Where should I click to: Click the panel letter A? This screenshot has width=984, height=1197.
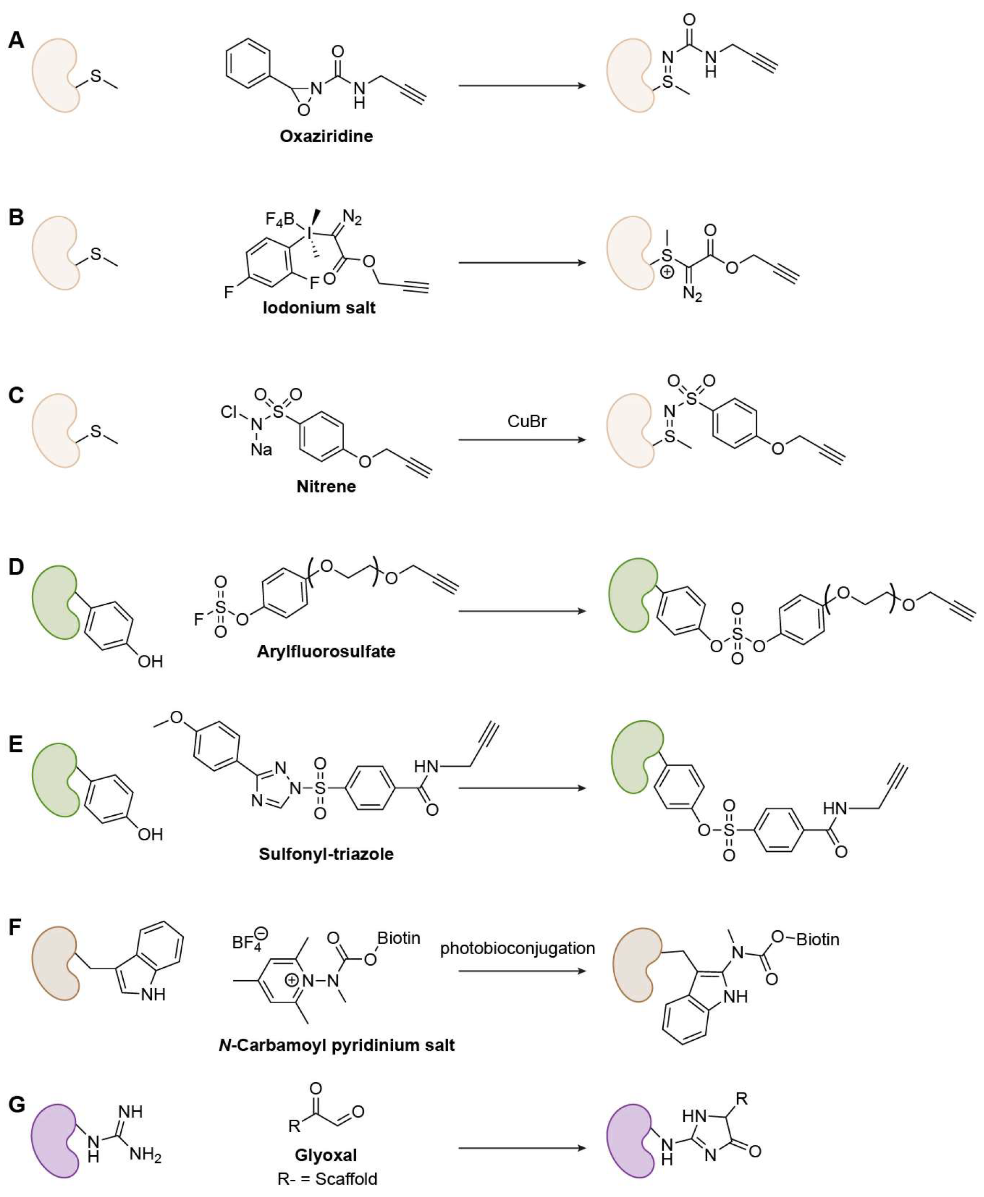16,41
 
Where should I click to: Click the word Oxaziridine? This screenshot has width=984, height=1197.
326,136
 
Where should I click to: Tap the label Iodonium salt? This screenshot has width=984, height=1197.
319,308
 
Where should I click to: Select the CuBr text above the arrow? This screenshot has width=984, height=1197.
527,421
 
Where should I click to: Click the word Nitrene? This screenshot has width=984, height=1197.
326,486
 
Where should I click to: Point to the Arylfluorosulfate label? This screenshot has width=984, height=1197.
326,651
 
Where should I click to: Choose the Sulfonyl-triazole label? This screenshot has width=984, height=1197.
326,853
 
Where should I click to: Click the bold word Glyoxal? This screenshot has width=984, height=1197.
326,1155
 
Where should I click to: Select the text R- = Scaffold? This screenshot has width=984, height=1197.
327,1179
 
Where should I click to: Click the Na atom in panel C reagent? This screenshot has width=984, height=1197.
261,450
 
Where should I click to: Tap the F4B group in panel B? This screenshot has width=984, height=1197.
279,219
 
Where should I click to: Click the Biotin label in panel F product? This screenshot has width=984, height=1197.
817,939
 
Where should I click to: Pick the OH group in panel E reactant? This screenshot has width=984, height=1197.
150,834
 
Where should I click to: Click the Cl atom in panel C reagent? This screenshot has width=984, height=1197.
229,412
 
